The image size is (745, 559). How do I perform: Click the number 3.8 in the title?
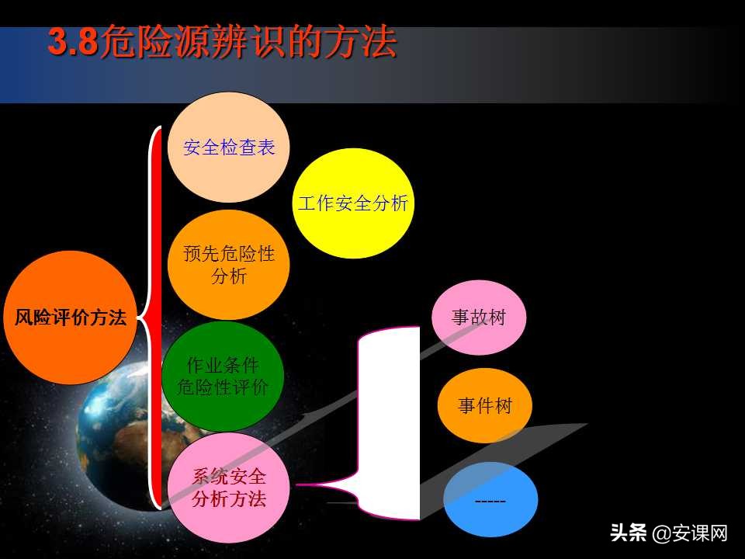click(x=73, y=43)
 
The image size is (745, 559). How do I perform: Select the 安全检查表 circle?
click(x=229, y=148)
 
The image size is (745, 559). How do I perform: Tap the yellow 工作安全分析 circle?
click(x=353, y=203)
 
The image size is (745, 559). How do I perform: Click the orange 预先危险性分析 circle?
click(x=229, y=265)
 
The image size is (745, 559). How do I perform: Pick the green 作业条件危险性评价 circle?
click(x=223, y=376)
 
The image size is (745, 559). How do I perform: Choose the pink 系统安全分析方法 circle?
click(x=229, y=488)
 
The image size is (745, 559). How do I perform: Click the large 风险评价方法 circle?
click(x=71, y=318)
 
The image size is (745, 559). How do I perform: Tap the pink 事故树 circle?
click(x=479, y=318)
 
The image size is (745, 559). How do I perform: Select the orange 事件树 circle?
click(x=485, y=405)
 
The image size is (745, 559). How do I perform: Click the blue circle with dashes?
click(x=490, y=500)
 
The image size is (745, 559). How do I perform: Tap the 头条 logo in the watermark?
click(x=629, y=533)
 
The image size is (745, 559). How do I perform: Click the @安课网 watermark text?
click(x=690, y=533)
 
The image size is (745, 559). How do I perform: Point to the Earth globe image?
click(x=116, y=435)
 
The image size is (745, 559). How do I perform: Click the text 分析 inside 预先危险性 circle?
click(x=229, y=275)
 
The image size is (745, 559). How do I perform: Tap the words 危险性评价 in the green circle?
click(x=223, y=387)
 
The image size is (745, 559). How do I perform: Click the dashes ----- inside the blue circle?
click(x=490, y=502)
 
